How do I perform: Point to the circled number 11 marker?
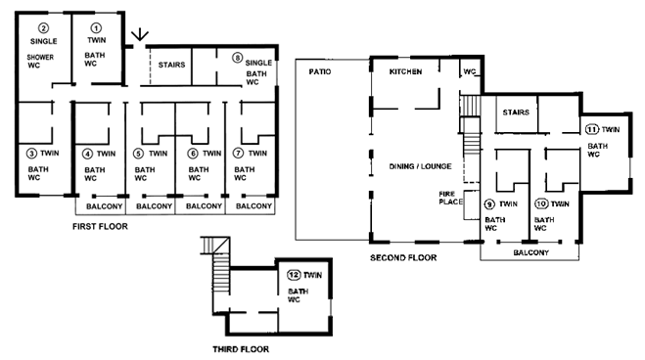pos(592,129)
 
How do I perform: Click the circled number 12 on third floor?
pos(292,276)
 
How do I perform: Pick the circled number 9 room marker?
pos(489,204)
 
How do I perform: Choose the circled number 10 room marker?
pos(541,204)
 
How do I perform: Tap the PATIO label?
pos(320,72)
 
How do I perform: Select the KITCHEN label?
pos(409,73)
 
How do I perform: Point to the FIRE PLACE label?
pos(448,200)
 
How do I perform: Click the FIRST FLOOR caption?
pos(100,226)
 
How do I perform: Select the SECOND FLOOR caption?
pos(402,258)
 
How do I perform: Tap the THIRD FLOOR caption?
pos(241,347)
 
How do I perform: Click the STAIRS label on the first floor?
pos(172,66)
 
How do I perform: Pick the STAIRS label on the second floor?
pos(515,112)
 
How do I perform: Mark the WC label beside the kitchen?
pos(470,71)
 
